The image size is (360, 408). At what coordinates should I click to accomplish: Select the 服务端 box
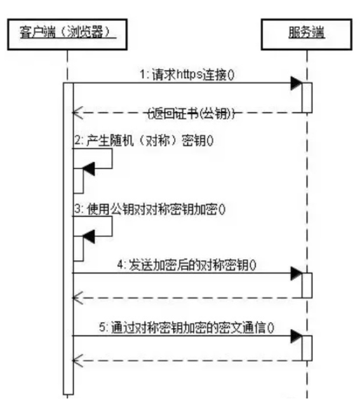(307, 32)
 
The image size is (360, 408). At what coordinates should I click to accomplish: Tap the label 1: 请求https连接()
(187, 74)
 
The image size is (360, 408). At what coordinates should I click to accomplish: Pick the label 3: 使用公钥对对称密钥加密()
(150, 208)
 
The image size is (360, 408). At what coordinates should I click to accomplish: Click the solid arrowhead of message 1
(296, 83)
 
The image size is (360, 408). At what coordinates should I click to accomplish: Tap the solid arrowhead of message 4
(296, 273)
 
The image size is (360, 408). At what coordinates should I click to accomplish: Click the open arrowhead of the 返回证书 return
(77, 113)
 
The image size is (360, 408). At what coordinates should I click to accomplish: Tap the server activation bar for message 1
(307, 97)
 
